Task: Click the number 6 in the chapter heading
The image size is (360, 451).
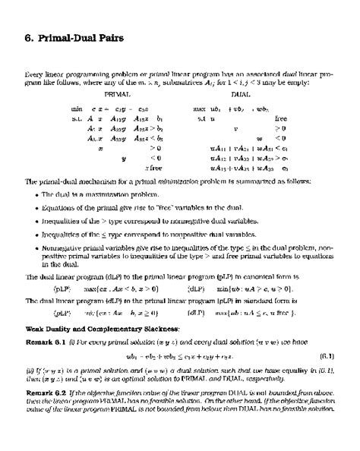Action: tap(19, 37)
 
